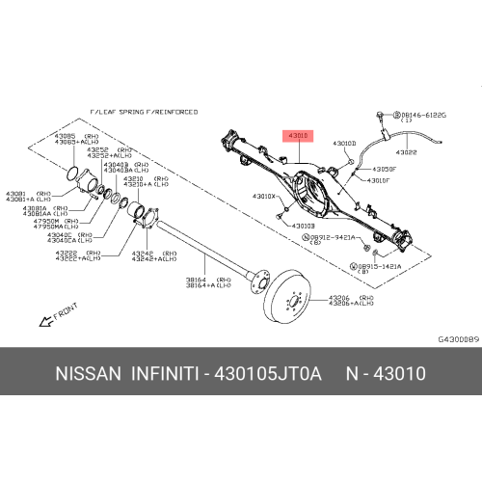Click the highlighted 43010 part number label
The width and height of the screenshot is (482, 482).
pyautogui.click(x=296, y=136)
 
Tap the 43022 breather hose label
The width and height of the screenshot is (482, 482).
pyautogui.click(x=407, y=151)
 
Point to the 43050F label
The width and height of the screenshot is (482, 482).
pyautogui.click(x=378, y=168)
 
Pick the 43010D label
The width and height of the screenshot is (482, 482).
pyautogui.click(x=344, y=144)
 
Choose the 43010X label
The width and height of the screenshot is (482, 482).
pyautogui.click(x=264, y=197)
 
